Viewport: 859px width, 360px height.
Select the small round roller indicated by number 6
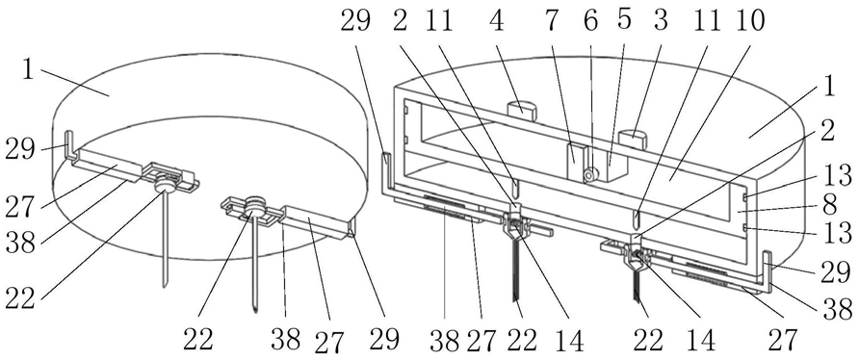[x=589, y=175]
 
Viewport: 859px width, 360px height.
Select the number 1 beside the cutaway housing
[x=827, y=87]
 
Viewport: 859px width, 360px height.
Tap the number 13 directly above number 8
[x=837, y=174]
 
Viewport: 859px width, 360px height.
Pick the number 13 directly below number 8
[x=837, y=234]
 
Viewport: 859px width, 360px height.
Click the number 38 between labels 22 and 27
[x=285, y=340]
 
